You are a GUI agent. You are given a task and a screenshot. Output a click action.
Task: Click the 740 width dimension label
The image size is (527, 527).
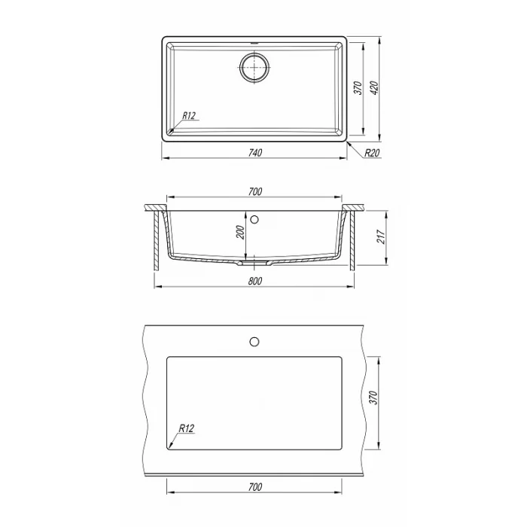[255, 153]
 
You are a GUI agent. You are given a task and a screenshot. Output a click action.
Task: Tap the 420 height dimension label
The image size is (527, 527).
[375, 88]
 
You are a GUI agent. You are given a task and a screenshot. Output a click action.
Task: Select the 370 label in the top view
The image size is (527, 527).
[358, 88]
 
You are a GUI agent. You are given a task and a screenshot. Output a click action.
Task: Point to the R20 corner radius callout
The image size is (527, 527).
[372, 154]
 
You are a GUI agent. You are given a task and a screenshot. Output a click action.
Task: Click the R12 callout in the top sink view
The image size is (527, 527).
[188, 116]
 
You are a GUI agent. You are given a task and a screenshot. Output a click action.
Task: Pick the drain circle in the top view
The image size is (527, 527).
[255, 67]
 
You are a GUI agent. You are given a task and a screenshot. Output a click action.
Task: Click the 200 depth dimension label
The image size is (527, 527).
[241, 232]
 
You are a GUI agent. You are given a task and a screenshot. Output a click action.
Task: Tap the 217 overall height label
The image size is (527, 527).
[380, 237]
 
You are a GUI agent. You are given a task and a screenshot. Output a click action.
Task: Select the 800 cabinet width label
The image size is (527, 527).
[255, 281]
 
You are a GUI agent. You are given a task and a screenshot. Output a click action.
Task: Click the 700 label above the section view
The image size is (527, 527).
[255, 191]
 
